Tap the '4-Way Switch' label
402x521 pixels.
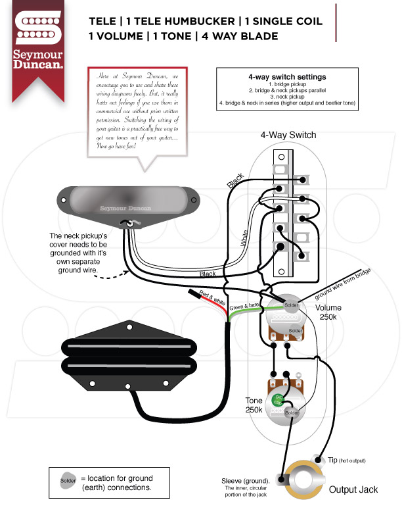(288, 136)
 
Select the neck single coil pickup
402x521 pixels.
(129, 199)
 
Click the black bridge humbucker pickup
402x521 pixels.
(129, 361)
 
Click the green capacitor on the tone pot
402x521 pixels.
(279, 398)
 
